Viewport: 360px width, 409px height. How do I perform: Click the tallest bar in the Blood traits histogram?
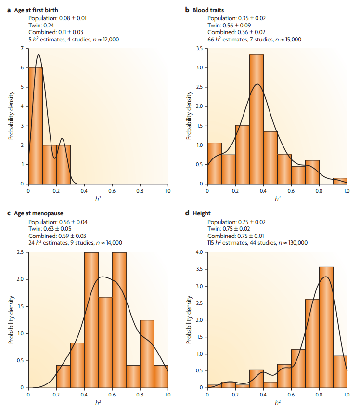point(256,119)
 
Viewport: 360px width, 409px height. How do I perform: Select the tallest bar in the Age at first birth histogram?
point(35,125)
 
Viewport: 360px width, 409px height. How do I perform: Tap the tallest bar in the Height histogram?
point(325,328)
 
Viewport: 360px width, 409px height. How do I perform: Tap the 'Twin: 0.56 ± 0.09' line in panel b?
point(230,26)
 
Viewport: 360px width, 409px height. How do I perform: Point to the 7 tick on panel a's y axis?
point(21,49)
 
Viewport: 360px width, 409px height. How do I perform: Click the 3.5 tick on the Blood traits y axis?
point(198,49)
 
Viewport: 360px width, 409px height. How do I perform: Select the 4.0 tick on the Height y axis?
point(198,252)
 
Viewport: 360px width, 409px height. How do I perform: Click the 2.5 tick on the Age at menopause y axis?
point(19,252)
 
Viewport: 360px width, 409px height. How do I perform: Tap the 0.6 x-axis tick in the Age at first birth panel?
point(112,191)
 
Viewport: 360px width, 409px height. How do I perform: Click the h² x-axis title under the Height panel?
point(277,401)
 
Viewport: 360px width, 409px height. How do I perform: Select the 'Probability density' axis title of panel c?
point(11,320)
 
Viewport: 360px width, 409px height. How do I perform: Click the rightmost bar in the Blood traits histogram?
point(339,181)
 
